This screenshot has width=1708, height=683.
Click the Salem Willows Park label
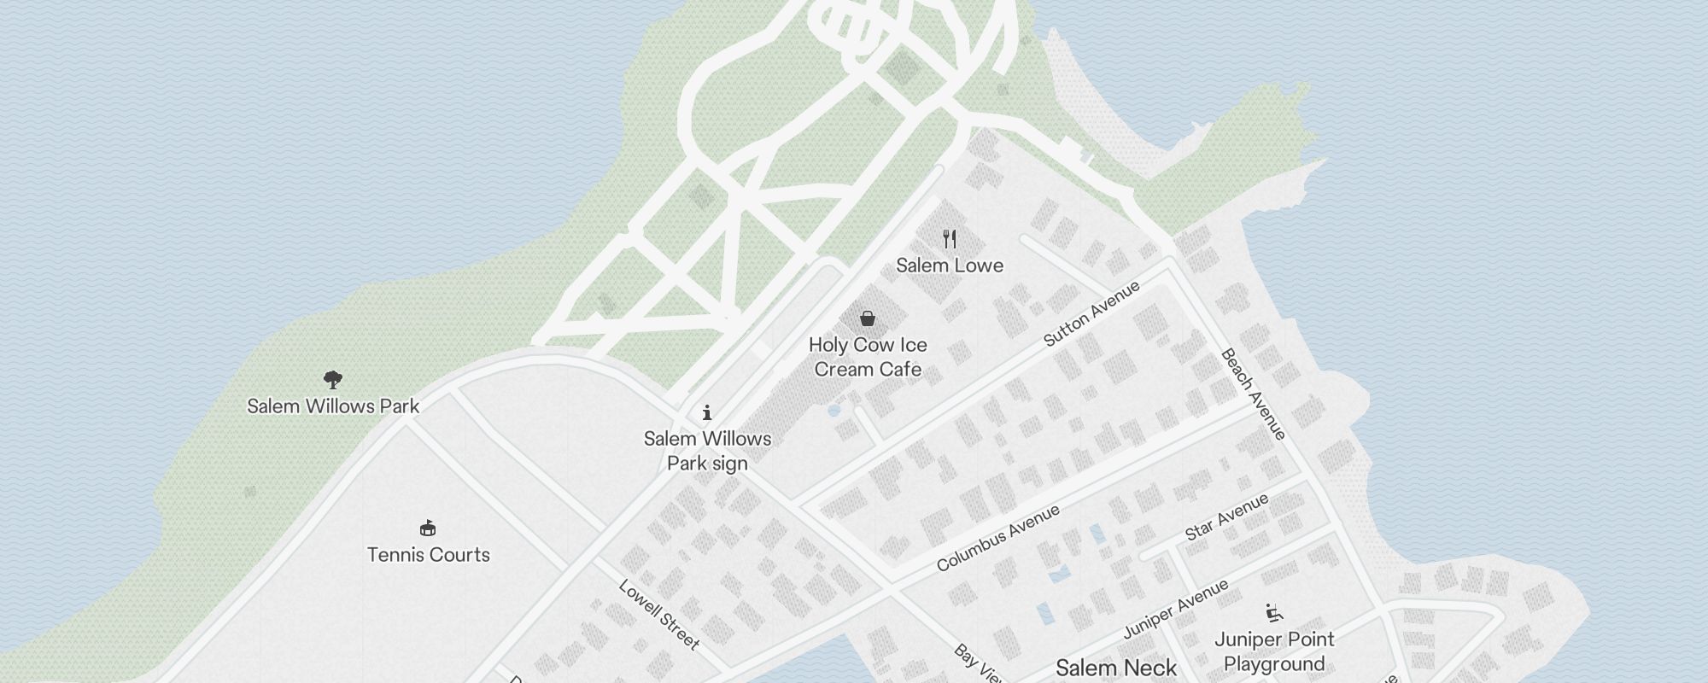pyautogui.click(x=333, y=406)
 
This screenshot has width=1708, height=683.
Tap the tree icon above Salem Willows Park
pyautogui.click(x=333, y=379)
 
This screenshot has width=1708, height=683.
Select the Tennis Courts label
pyautogui.click(x=429, y=555)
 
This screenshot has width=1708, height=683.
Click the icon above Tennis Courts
pyautogui.click(x=429, y=528)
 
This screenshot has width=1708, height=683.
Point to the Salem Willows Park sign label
pyautogui.click(x=707, y=451)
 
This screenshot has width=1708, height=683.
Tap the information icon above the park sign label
pyautogui.click(x=707, y=413)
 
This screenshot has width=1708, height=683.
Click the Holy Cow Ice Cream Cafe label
pyautogui.click(x=868, y=357)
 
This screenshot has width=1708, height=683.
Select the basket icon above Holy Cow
pyautogui.click(x=868, y=318)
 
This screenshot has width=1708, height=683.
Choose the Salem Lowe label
pyautogui.click(x=950, y=266)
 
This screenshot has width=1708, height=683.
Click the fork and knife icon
pyautogui.click(x=950, y=238)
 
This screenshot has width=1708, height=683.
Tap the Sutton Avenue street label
pyautogui.click(x=1092, y=313)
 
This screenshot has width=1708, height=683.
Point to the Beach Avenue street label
pyautogui.click(x=1254, y=394)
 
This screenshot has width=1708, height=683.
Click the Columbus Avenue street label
pyautogui.click(x=998, y=538)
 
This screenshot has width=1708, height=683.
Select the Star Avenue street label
pyautogui.click(x=1227, y=517)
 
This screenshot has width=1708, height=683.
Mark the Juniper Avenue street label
pyautogui.click(x=1176, y=608)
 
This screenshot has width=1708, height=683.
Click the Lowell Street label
pyautogui.click(x=659, y=615)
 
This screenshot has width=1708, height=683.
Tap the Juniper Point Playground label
pyautogui.click(x=1274, y=651)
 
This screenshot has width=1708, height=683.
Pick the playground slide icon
pyautogui.click(x=1274, y=612)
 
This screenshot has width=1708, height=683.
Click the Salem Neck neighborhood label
pyautogui.click(x=1116, y=668)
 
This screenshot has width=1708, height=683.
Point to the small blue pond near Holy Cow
pyautogui.click(x=834, y=411)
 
